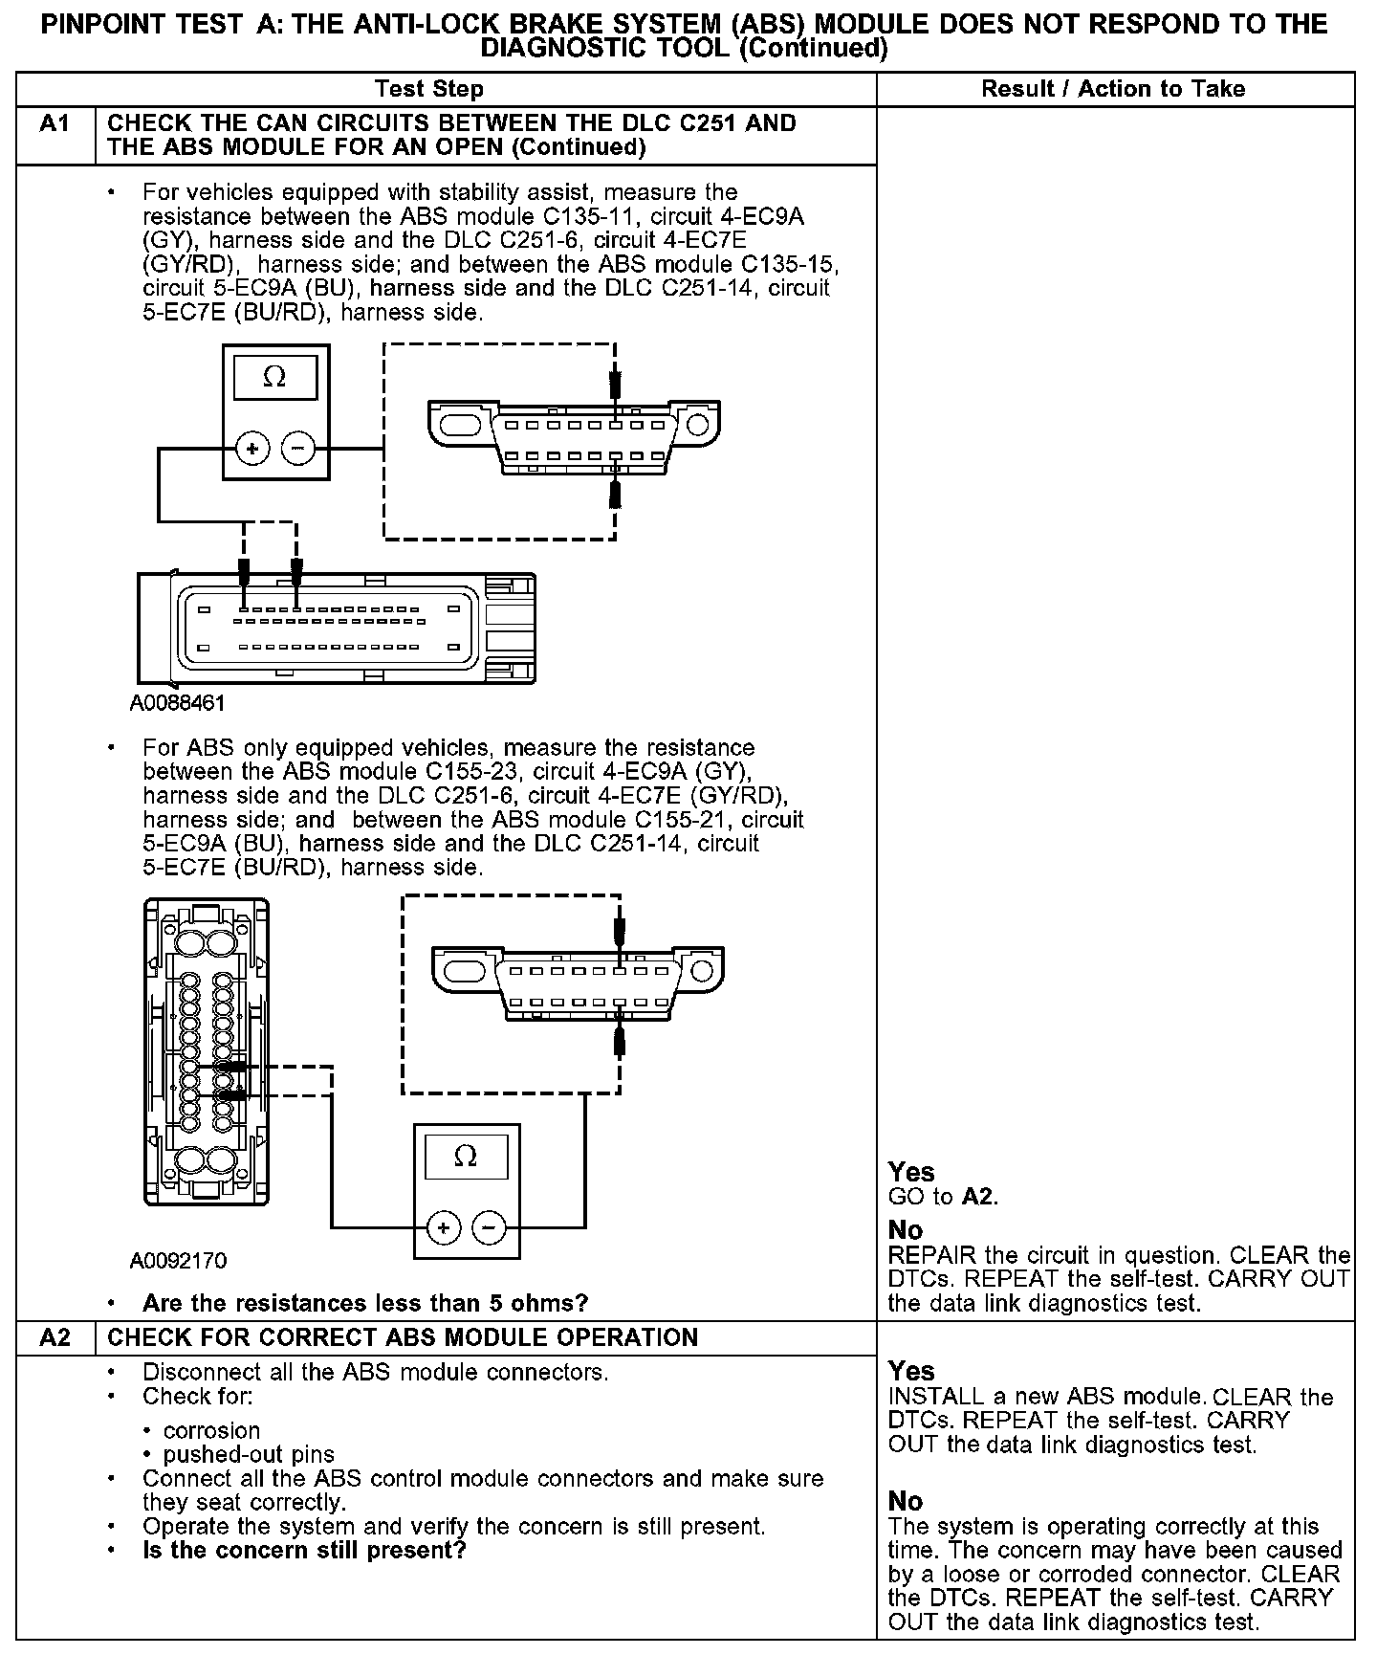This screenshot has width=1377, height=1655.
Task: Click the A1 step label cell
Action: point(55,124)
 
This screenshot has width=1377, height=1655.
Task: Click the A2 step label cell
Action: point(55,1337)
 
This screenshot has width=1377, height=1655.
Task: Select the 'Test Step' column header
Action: point(429,89)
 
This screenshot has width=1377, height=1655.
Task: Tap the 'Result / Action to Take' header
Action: point(1113,89)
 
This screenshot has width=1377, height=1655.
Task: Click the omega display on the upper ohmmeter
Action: point(274,378)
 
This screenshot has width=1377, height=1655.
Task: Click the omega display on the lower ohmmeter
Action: point(466,1157)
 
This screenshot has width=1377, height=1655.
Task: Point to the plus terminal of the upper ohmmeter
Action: point(252,448)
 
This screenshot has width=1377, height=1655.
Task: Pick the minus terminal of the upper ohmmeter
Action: point(298,448)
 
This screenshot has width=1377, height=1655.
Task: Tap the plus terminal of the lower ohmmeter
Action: point(444,1226)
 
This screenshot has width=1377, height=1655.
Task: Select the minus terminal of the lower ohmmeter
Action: point(490,1226)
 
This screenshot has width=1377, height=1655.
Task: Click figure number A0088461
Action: point(178,704)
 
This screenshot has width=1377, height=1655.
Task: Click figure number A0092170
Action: point(179,1261)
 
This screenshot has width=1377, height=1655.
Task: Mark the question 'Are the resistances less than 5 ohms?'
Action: point(365,1303)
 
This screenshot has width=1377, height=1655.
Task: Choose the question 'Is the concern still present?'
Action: point(304,1550)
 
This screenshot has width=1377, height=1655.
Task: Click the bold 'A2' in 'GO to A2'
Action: point(978,1197)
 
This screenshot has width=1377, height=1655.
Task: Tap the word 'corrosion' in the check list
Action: point(212,1430)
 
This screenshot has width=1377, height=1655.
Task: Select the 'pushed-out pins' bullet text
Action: point(249,1455)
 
